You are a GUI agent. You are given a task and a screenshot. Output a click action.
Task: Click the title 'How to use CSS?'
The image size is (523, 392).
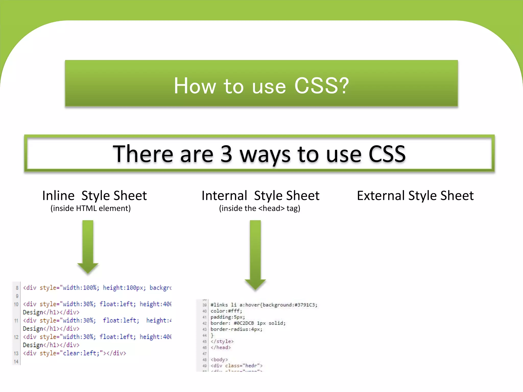261,86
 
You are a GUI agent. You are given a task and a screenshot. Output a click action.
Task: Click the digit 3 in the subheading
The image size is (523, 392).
226,154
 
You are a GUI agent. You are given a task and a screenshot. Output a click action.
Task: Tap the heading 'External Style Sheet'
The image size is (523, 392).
415,196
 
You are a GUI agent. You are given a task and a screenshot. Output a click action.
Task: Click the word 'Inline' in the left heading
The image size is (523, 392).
58,196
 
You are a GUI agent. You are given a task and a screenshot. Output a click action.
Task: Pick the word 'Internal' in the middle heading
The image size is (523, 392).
224,196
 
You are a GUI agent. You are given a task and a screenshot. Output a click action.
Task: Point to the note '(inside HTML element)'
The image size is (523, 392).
91,209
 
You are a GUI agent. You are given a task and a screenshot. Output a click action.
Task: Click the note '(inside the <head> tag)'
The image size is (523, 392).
259,209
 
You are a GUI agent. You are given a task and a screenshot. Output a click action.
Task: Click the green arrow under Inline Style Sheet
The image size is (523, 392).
88,246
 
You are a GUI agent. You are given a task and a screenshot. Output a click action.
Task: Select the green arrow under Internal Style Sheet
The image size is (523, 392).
255,255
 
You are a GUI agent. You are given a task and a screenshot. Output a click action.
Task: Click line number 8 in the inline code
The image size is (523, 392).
17,288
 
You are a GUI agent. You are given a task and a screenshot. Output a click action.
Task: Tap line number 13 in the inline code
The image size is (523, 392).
16,353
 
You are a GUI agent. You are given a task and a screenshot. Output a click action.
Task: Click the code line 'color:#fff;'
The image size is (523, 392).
226,311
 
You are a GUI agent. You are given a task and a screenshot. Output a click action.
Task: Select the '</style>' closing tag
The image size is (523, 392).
222,341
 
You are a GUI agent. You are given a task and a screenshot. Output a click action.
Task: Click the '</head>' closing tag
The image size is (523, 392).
221,347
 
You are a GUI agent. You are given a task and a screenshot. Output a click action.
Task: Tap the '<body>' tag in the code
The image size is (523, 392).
219,360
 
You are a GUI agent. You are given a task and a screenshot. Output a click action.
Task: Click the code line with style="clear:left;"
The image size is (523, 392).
74,353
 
